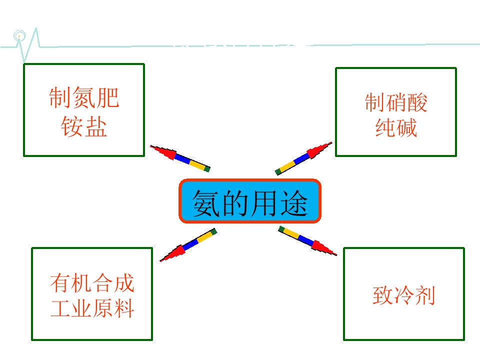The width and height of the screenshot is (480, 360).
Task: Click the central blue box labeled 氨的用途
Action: click(x=250, y=201)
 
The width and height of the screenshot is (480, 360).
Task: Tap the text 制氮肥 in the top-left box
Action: click(x=84, y=97)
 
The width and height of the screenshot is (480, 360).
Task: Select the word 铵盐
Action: click(x=84, y=126)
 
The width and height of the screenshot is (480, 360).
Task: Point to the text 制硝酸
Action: click(x=396, y=102)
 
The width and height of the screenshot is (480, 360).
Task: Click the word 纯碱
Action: click(x=396, y=127)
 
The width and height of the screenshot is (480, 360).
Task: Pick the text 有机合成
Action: click(x=92, y=282)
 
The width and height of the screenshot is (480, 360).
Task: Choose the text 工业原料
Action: click(x=92, y=308)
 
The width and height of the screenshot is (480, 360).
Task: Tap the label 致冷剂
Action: click(x=404, y=295)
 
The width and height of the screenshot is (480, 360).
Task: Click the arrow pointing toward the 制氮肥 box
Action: click(x=180, y=158)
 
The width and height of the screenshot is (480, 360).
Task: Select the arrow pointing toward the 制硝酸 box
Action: click(x=303, y=158)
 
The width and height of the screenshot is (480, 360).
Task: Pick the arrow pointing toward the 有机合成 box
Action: click(x=188, y=244)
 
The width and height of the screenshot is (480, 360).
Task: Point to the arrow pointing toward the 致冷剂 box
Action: click(x=307, y=240)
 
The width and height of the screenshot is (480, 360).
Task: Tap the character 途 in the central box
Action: click(x=294, y=202)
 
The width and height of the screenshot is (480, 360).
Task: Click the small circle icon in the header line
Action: click(x=19, y=36)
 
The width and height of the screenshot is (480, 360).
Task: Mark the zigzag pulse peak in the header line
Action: click(x=36, y=28)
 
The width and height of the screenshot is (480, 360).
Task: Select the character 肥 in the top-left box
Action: click(x=108, y=97)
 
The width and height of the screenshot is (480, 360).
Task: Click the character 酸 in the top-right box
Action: click(x=417, y=102)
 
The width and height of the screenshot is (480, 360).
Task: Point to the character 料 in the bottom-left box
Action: click(x=124, y=308)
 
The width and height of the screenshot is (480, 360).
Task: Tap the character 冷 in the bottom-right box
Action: click(x=404, y=295)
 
